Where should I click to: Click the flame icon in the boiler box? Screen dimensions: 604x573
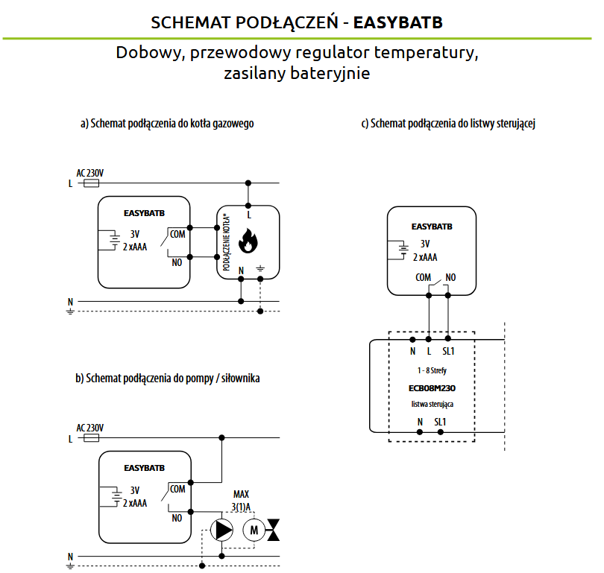click(248, 241)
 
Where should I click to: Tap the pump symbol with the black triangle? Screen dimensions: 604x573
click(221, 530)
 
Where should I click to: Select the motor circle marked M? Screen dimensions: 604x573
click(254, 530)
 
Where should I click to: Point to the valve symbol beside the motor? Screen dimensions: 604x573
click(273, 530)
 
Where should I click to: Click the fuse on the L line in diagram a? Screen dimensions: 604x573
click(91, 183)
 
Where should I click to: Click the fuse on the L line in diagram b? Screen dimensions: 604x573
click(91, 438)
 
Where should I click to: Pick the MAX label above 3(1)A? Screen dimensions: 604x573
click(241, 494)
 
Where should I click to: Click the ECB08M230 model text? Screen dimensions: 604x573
click(432, 388)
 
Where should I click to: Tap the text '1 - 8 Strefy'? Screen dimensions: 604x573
click(432, 370)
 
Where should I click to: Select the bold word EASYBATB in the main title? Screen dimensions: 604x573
click(398, 22)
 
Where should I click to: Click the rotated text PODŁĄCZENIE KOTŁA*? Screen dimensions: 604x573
click(227, 242)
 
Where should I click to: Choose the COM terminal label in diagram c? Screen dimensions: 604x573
click(423, 277)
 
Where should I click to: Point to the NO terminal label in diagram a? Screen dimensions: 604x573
click(177, 263)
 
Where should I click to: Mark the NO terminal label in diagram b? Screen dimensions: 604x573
click(177, 519)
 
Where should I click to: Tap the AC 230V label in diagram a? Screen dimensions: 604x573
click(90, 173)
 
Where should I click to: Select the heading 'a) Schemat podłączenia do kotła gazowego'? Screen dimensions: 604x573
click(167, 124)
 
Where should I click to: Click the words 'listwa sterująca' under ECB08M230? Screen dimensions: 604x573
click(432, 404)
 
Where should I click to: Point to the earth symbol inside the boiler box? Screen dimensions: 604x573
click(260, 268)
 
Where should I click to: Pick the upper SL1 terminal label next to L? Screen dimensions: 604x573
click(448, 351)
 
